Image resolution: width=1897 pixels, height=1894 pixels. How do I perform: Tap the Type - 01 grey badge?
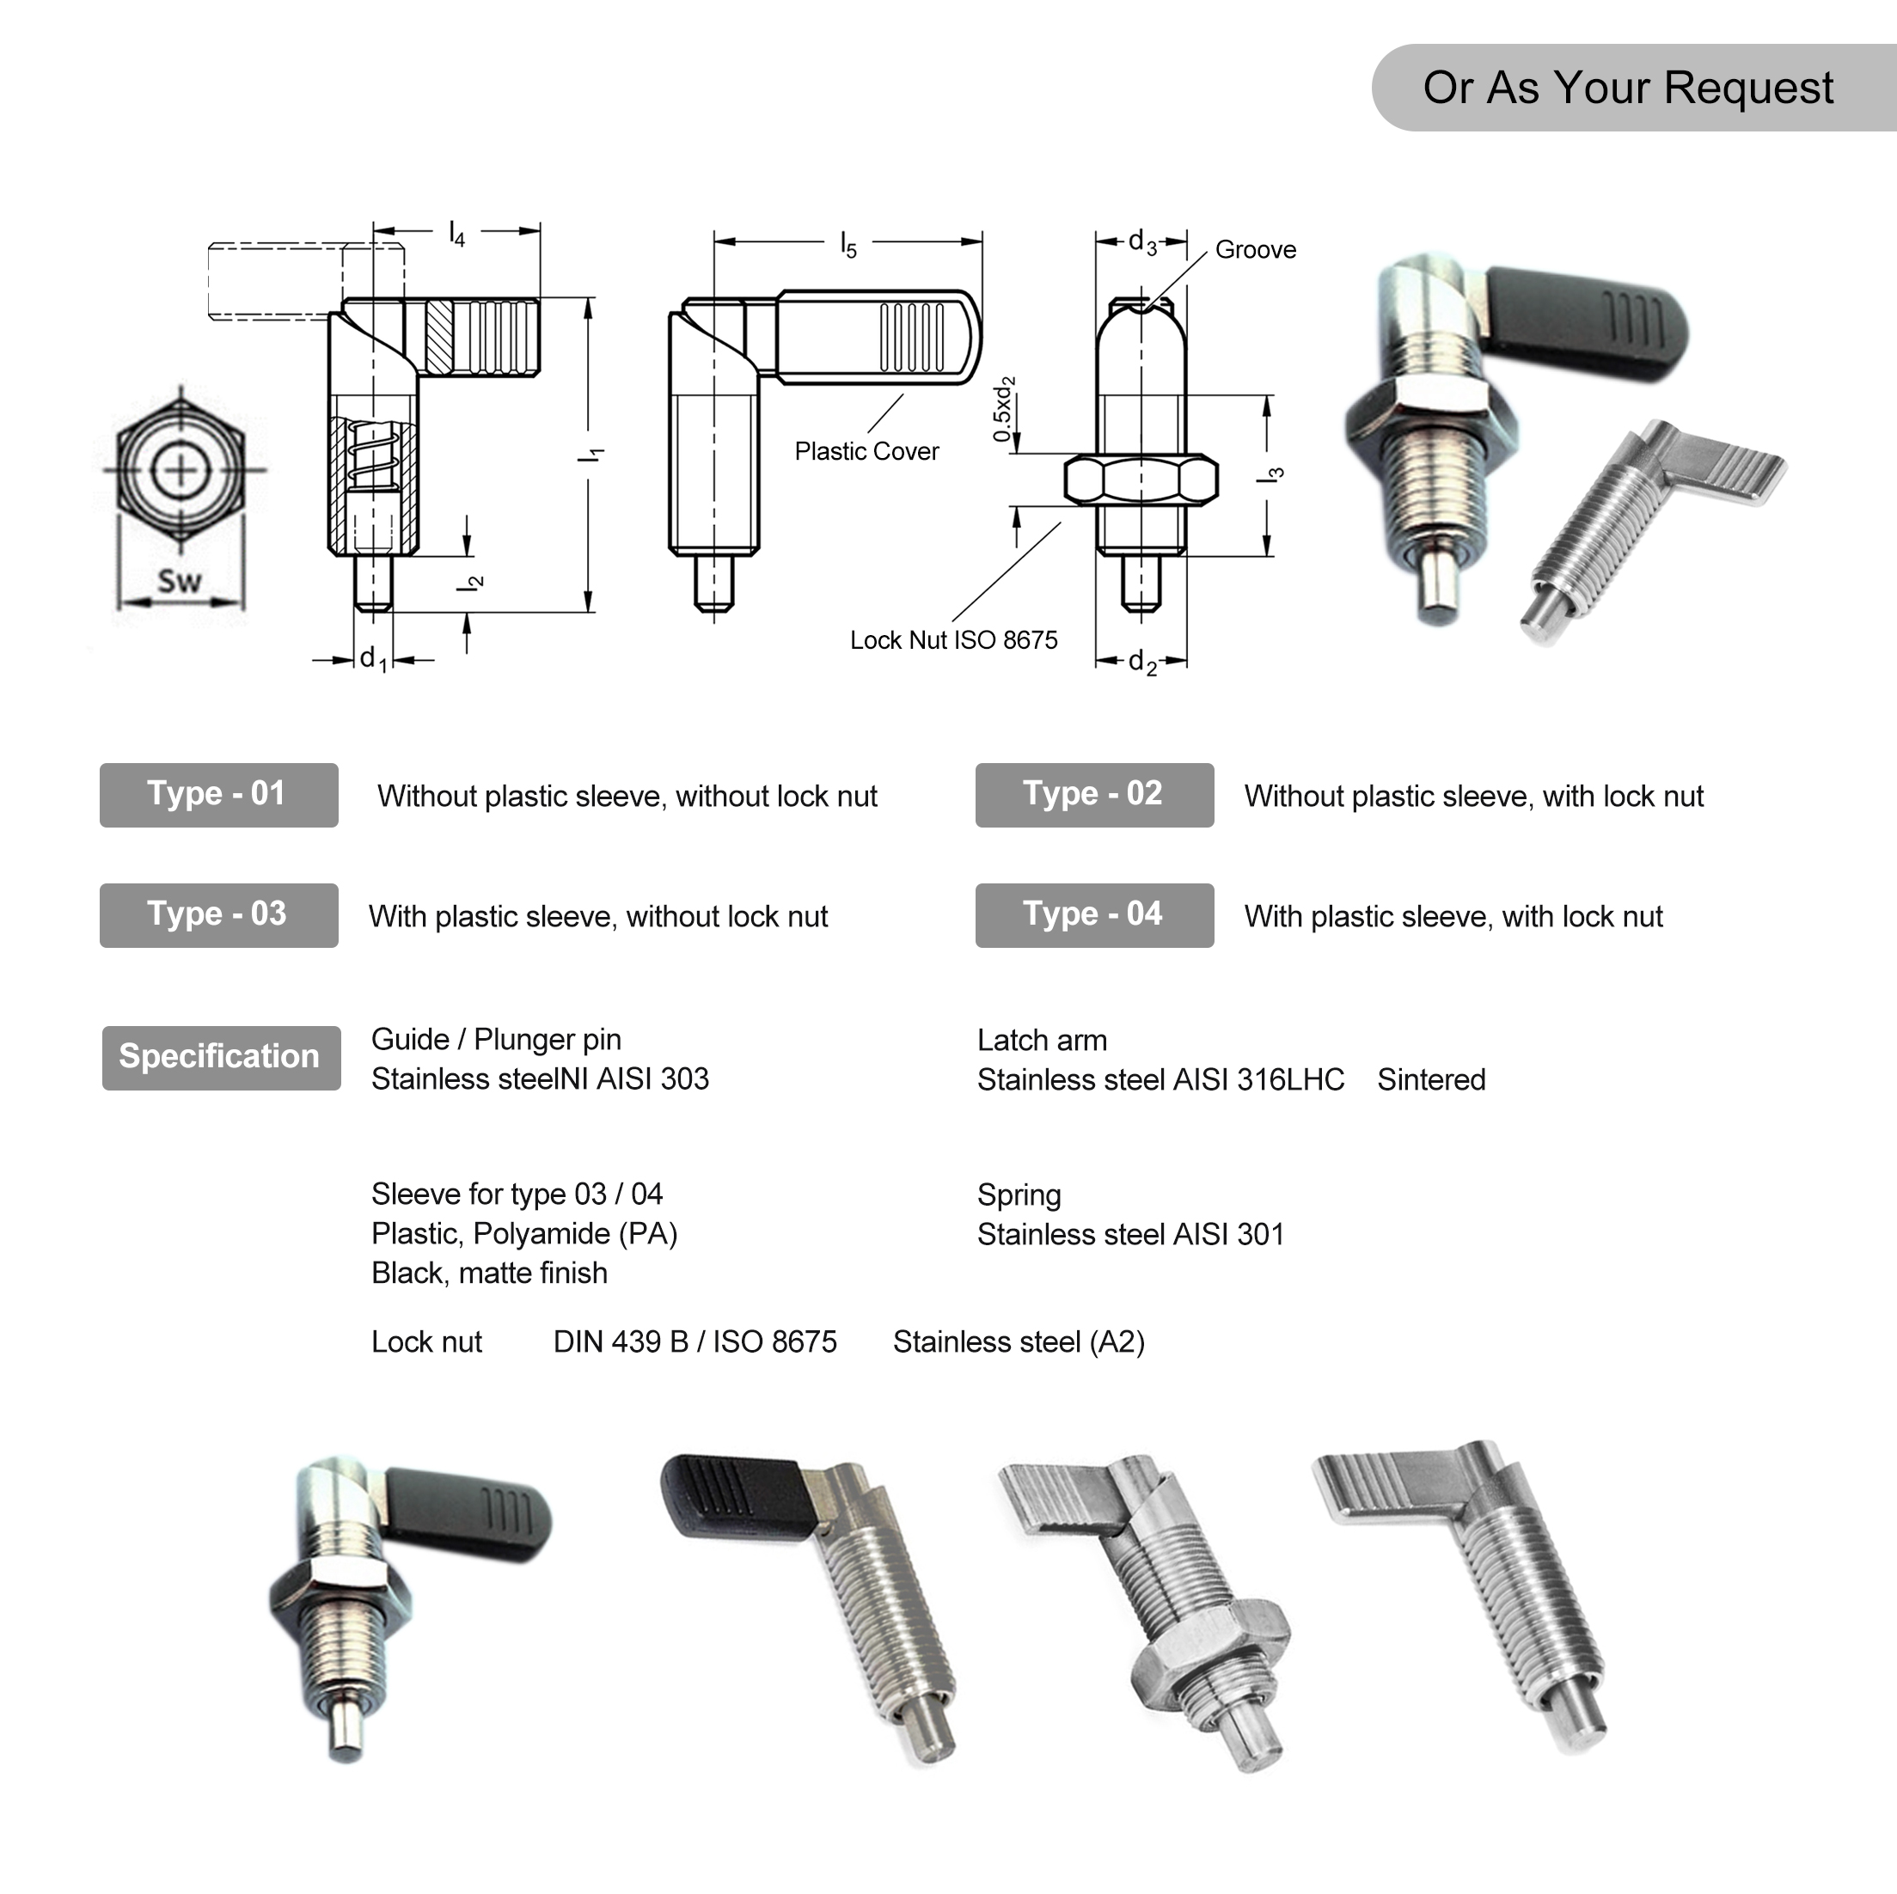(218, 794)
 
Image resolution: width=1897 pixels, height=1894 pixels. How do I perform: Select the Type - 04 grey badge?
(1094, 915)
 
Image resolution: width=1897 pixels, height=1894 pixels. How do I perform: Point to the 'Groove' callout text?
(1255, 249)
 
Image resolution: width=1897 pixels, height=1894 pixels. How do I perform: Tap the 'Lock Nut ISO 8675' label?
(953, 640)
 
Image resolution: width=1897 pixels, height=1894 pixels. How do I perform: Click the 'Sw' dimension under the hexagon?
(180, 581)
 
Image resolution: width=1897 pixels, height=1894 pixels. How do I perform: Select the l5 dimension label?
(848, 244)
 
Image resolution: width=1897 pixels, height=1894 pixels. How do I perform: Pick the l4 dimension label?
(456, 233)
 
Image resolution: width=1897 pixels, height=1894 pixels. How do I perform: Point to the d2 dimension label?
(1141, 662)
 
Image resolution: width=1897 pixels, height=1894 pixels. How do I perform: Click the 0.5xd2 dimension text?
(1003, 408)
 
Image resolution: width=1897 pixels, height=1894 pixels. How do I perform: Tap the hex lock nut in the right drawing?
(1141, 480)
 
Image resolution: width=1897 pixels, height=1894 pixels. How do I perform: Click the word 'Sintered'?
(1430, 1080)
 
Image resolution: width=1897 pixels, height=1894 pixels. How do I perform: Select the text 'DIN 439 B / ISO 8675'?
(695, 1342)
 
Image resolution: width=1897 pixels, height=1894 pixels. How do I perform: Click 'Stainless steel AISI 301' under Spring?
(1130, 1234)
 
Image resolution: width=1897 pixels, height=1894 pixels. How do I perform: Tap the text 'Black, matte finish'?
(489, 1274)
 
